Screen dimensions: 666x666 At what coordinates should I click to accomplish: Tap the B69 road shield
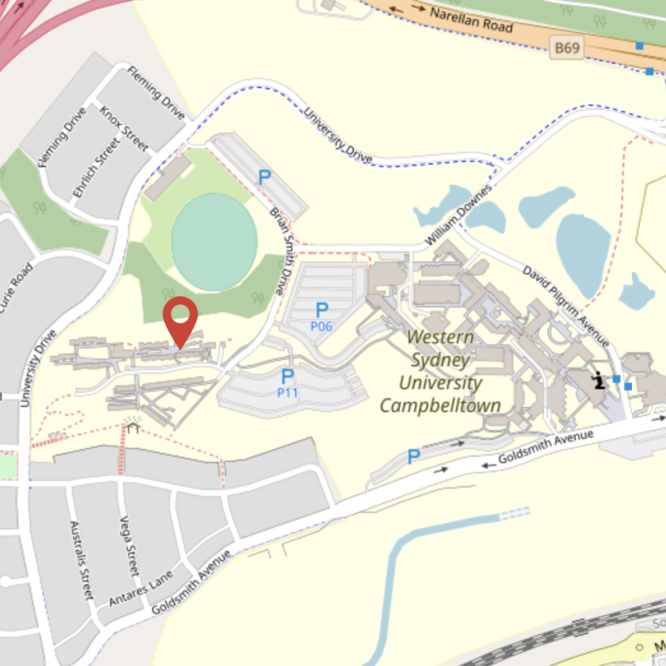567,49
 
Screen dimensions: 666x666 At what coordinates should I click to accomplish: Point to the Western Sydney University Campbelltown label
440,371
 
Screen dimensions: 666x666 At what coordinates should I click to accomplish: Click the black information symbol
598,380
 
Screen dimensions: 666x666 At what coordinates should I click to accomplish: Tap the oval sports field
215,241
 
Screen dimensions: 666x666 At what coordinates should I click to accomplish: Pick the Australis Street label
81,560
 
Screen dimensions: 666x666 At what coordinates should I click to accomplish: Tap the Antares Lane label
141,588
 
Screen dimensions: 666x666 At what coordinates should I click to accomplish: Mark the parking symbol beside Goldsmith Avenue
414,457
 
